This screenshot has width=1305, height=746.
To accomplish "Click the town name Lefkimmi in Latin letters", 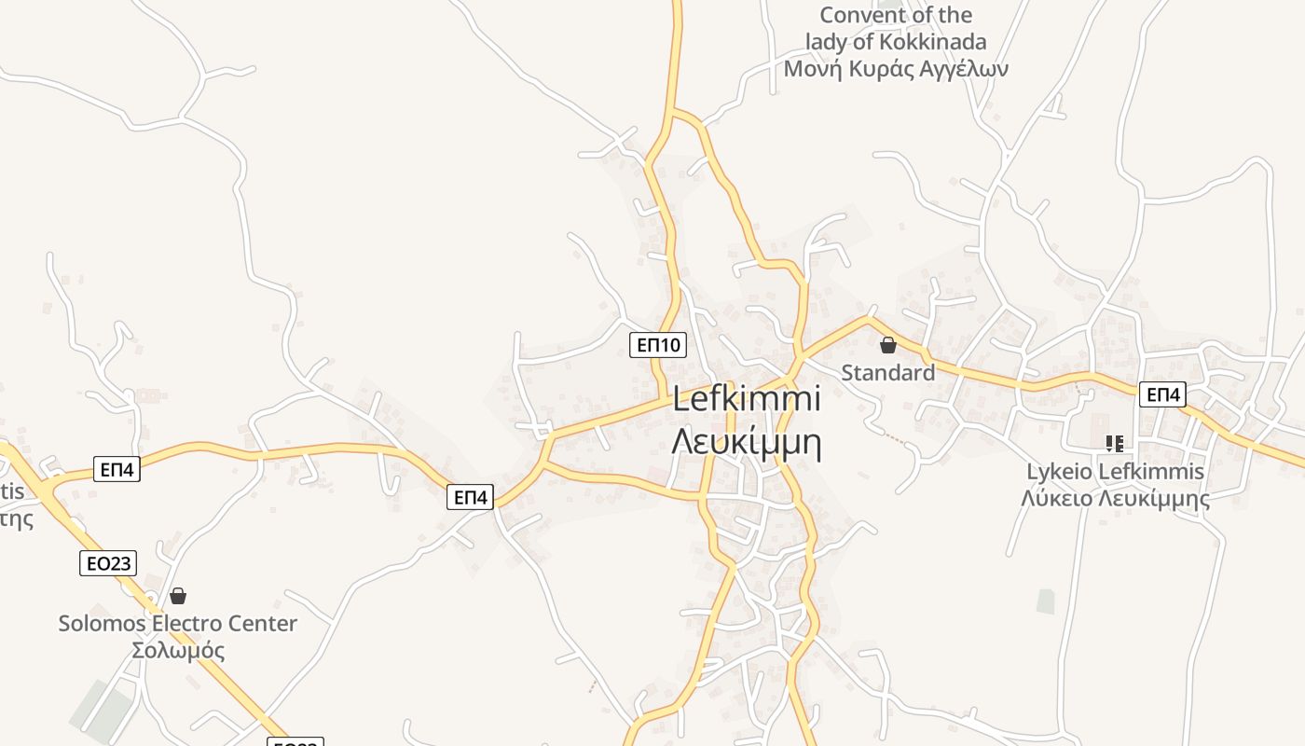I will pos(747,399).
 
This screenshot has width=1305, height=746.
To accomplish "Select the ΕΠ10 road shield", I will pos(658,345).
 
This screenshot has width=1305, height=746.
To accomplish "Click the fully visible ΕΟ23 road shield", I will pos(108,562).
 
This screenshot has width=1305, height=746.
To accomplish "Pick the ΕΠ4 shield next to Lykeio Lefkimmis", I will pos(1162,394).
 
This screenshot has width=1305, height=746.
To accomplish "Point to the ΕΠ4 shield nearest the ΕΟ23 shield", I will pos(117,469).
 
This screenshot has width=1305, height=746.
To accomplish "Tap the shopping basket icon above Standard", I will pos(887,345).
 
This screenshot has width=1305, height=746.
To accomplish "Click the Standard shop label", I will pos(887,373).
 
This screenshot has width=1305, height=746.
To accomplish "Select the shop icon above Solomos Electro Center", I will pos(178,595).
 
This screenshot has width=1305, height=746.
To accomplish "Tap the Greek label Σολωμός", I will pos(178,650).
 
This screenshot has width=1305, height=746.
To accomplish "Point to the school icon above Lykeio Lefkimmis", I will pos(1115,444).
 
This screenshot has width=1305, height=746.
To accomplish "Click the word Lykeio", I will pos(1060,472).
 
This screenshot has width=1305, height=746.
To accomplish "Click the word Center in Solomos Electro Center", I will pos(263,623).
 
